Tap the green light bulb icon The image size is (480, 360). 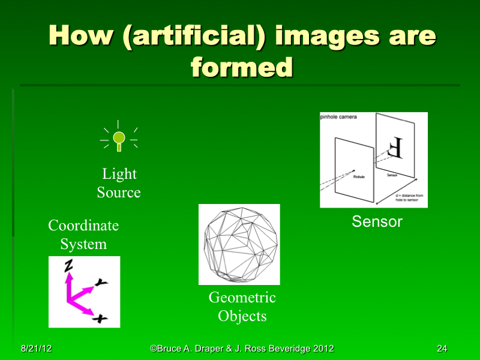coord(119,138)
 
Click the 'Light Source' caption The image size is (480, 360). coord(119,183)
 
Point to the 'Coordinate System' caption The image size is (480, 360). coord(83,235)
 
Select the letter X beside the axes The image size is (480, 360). coord(101,319)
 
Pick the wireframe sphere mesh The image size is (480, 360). coord(239,244)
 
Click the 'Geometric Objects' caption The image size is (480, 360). coord(242,306)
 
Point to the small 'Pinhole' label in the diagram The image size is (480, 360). coord(359,177)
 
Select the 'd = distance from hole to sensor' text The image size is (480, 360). coord(410,199)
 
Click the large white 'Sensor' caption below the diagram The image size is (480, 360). coord(377,221)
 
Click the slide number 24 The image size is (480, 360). coord(442,349)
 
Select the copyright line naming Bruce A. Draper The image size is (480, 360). coord(242,349)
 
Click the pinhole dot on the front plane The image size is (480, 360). coord(353,170)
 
